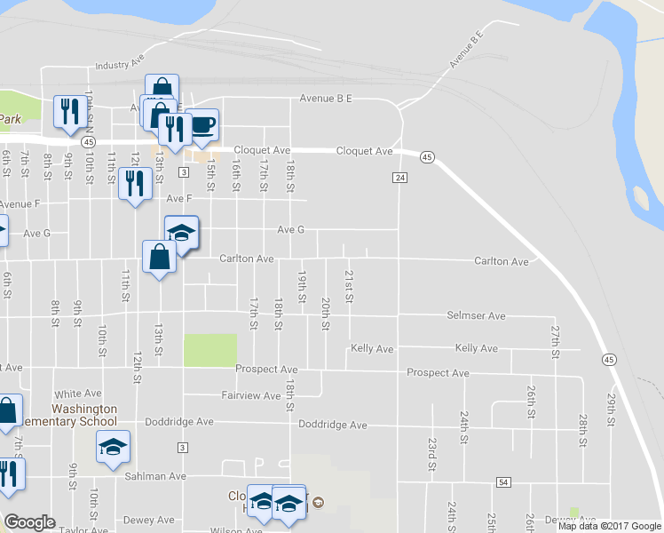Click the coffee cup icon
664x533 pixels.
point(202,124)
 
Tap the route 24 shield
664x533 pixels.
point(399,178)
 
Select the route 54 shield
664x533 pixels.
point(503,481)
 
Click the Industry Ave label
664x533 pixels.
point(119,65)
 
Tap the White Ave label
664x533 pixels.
point(78,394)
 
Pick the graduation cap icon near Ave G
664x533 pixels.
point(182,234)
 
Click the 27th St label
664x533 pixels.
point(556,341)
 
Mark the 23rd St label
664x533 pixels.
point(431,454)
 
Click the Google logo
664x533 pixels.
point(29,522)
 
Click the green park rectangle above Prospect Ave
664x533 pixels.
point(210,350)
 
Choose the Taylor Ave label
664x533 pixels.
point(85,529)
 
